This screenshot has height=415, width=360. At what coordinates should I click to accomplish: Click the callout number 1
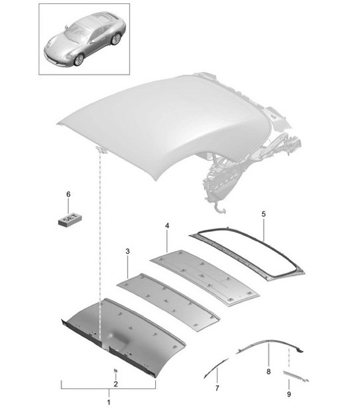(109, 402)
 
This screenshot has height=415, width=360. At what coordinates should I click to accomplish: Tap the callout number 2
(115, 384)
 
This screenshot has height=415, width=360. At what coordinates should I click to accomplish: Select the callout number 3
(127, 252)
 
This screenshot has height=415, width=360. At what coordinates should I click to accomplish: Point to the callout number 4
(166, 227)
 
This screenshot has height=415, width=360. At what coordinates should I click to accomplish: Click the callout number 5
(263, 215)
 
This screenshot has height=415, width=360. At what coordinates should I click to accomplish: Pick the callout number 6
(67, 194)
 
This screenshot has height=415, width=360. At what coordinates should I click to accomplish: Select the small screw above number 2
(115, 370)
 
